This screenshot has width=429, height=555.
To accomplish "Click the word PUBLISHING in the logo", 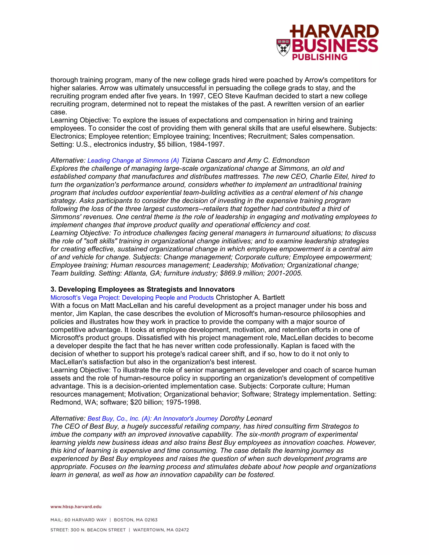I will pyautogui.click(x=319, y=57).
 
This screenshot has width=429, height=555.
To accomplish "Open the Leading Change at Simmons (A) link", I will pyautogui.click(x=133, y=161).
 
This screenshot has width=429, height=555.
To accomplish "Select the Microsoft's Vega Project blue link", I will pyautogui.click(x=132, y=298).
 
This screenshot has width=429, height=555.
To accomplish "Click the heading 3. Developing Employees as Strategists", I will pyautogui.click(x=142, y=289).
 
